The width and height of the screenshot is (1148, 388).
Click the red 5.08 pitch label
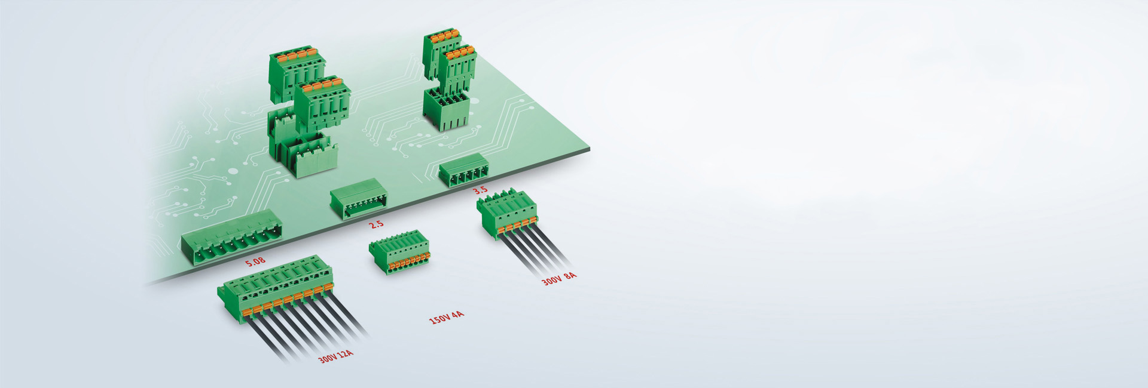[255, 261]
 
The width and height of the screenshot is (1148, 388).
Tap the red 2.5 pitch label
[376, 224]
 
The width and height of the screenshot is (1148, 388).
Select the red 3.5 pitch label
[480, 190]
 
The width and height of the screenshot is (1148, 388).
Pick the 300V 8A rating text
[560, 278]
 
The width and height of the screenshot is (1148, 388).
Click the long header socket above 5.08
[232, 239]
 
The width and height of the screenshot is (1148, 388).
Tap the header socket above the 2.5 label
[359, 203]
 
